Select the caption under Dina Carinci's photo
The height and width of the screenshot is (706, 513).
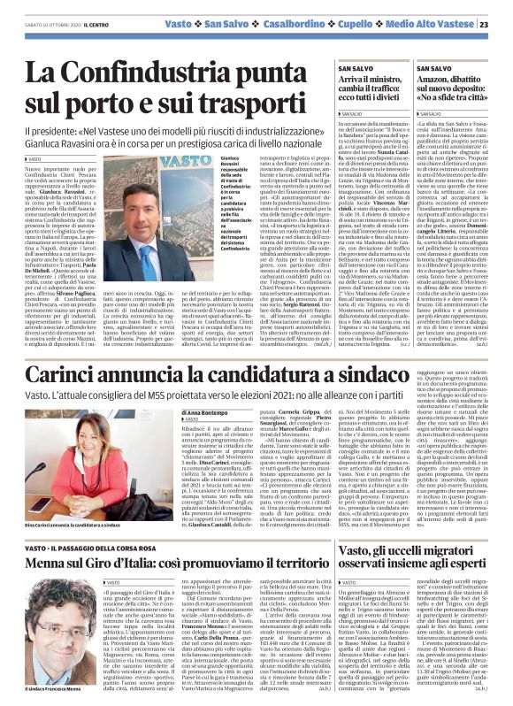pos(91,524)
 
